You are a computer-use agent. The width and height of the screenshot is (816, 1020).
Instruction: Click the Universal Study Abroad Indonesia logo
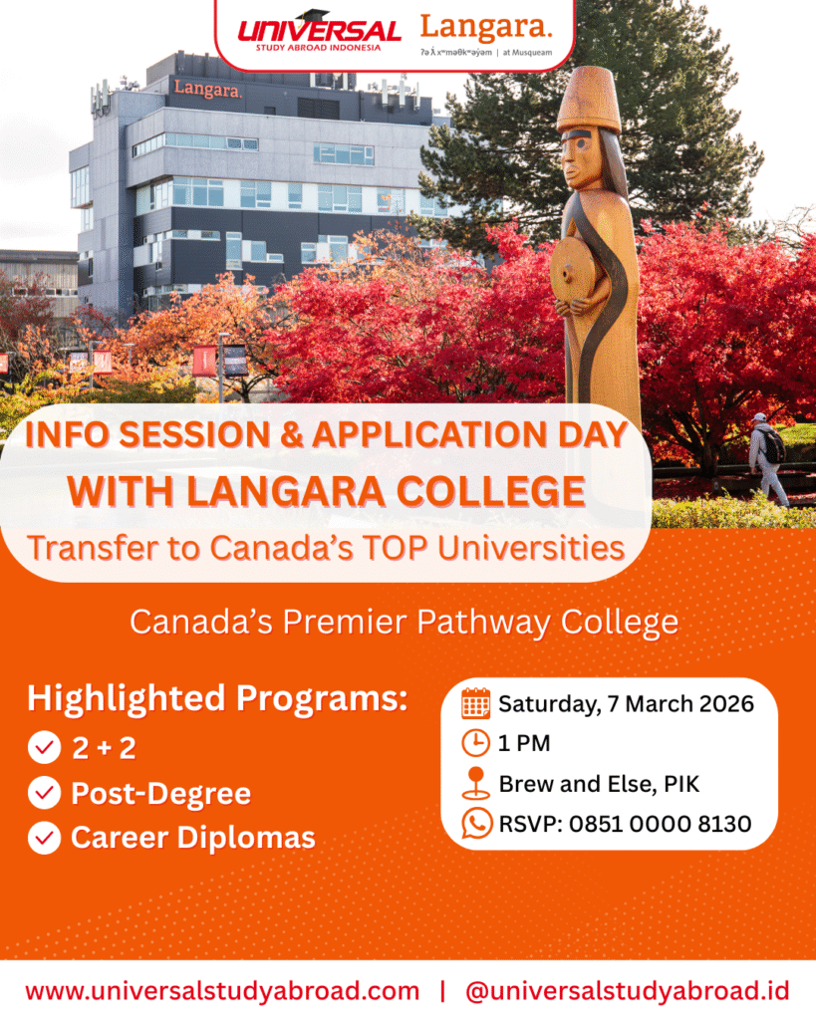click(319, 31)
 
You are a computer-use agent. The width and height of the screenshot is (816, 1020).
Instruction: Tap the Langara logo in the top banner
click(486, 35)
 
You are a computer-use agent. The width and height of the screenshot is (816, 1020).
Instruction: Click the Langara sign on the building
click(208, 89)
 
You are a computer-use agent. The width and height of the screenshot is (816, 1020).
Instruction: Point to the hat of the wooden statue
click(588, 99)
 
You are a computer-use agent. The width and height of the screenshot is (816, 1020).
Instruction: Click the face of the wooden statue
click(579, 158)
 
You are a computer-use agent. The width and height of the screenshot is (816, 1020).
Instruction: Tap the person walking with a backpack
click(768, 458)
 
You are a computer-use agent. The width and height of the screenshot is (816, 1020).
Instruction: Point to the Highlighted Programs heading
click(217, 698)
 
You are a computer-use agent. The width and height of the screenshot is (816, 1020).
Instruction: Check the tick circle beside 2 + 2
click(44, 747)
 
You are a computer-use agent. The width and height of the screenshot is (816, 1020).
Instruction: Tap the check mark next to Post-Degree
click(44, 793)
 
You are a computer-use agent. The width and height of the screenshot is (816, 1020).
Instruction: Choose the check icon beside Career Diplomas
click(44, 838)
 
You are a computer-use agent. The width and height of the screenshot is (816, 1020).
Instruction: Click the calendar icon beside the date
click(475, 703)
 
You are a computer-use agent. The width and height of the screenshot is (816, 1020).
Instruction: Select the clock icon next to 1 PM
click(475, 743)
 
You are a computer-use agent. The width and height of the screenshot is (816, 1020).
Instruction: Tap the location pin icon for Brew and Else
click(475, 783)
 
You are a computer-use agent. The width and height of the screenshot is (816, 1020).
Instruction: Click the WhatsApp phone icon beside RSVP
click(476, 823)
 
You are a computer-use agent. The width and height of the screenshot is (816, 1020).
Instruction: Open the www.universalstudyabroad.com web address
click(222, 991)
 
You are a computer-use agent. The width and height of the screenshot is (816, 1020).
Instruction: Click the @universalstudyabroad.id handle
click(628, 991)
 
